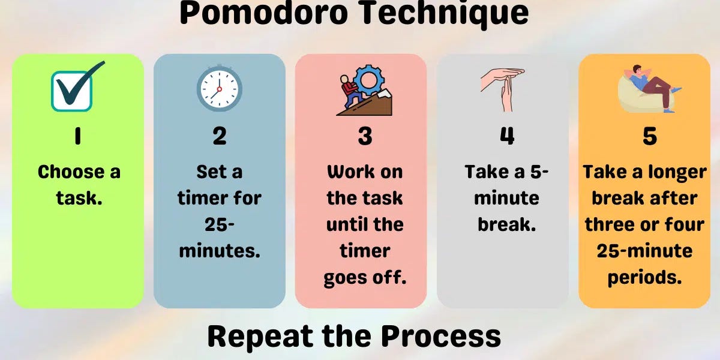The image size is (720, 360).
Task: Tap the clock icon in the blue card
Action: click(219, 88)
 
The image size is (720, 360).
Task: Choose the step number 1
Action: click(77, 137)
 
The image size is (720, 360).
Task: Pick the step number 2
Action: click(220, 137)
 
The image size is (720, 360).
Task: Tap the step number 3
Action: click(365, 137)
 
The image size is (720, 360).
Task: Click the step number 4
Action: click(507, 137)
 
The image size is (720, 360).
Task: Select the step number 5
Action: click(649, 137)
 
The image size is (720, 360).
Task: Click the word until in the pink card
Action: click(347, 225)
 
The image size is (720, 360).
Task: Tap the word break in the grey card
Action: click(506, 225)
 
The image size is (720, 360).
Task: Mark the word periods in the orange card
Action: click(644, 277)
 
